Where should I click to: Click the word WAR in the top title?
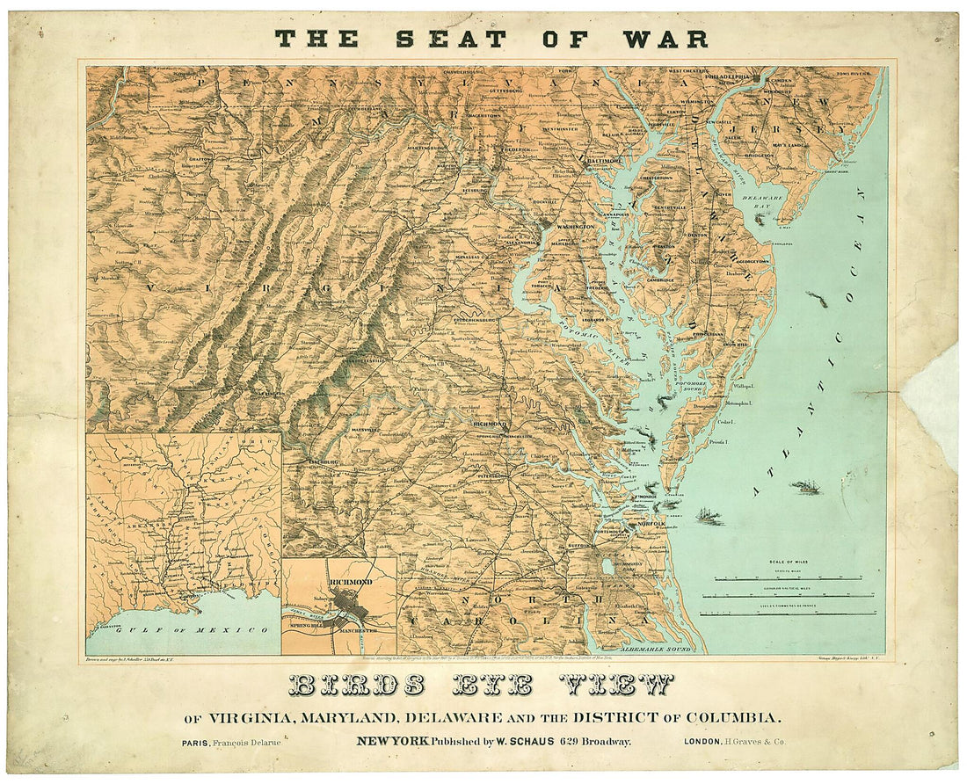[x=667, y=39]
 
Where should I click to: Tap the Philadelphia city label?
[x=723, y=76]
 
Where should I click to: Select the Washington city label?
[x=576, y=226]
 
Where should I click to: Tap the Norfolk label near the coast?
[x=651, y=524]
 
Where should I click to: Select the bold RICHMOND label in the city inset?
[x=350, y=582]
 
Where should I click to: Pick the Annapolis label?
[x=612, y=212]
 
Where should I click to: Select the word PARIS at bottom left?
[x=196, y=743]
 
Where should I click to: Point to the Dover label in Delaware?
[x=724, y=194]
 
